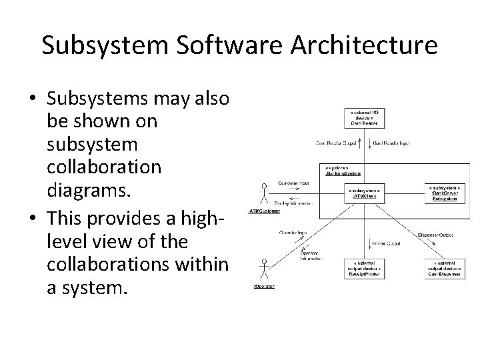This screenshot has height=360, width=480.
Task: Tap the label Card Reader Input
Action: pos(393,143)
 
